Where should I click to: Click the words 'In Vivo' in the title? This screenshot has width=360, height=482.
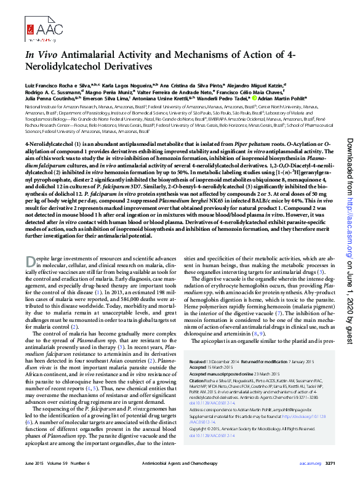40,55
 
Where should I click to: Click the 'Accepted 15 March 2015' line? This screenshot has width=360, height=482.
212,368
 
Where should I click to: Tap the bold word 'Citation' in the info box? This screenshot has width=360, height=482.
198,380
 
